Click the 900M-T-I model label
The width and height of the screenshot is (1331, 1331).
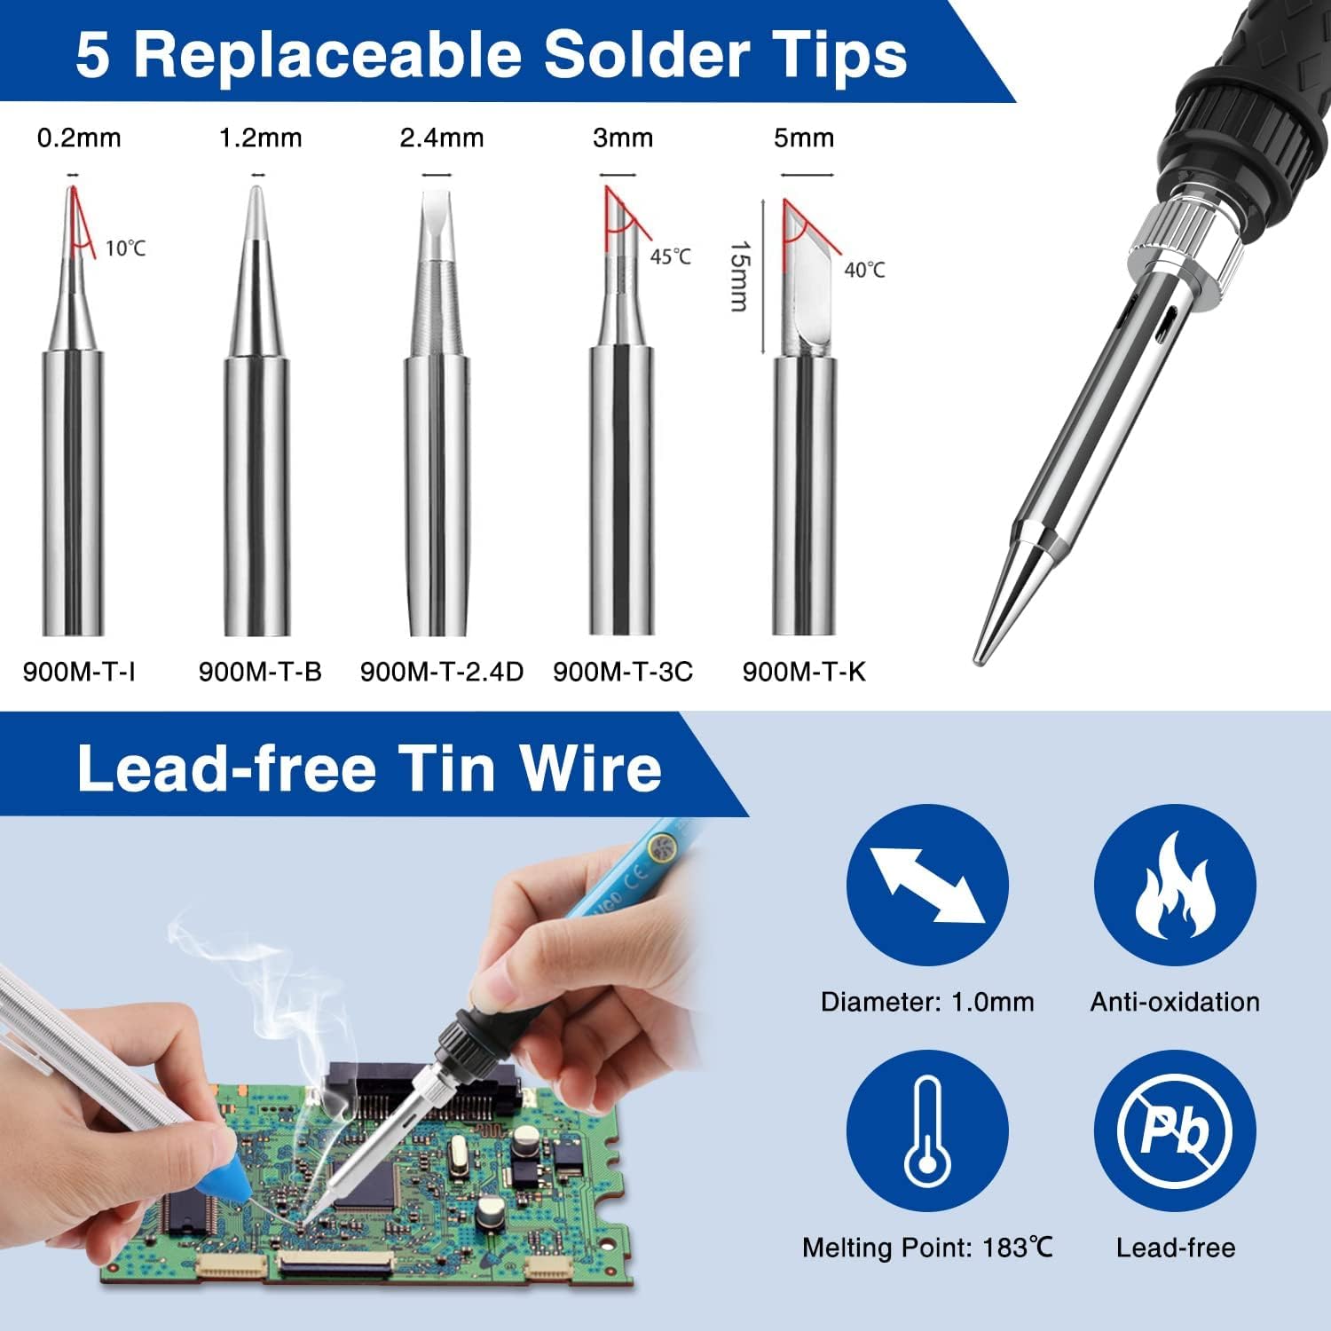tap(79, 672)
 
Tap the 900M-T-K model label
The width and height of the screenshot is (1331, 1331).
tap(804, 672)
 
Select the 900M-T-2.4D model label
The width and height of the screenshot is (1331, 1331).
tap(442, 672)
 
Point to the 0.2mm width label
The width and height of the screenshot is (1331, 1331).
tap(79, 138)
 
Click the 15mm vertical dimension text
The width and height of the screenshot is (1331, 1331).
tap(739, 276)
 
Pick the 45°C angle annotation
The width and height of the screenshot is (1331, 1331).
tap(670, 256)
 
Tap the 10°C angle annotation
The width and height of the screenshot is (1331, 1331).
tap(125, 248)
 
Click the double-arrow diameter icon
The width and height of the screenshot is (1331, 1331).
tap(927, 885)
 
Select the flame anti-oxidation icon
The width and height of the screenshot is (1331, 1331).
tap(1175, 885)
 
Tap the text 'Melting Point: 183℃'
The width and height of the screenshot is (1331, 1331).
tap(927, 1248)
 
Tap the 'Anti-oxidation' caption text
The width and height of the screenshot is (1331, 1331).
tap(1175, 1002)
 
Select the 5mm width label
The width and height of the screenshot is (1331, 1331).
tap(804, 138)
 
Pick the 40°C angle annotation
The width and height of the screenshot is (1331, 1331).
tap(864, 270)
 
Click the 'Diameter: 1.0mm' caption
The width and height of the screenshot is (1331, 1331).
tap(927, 1002)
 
